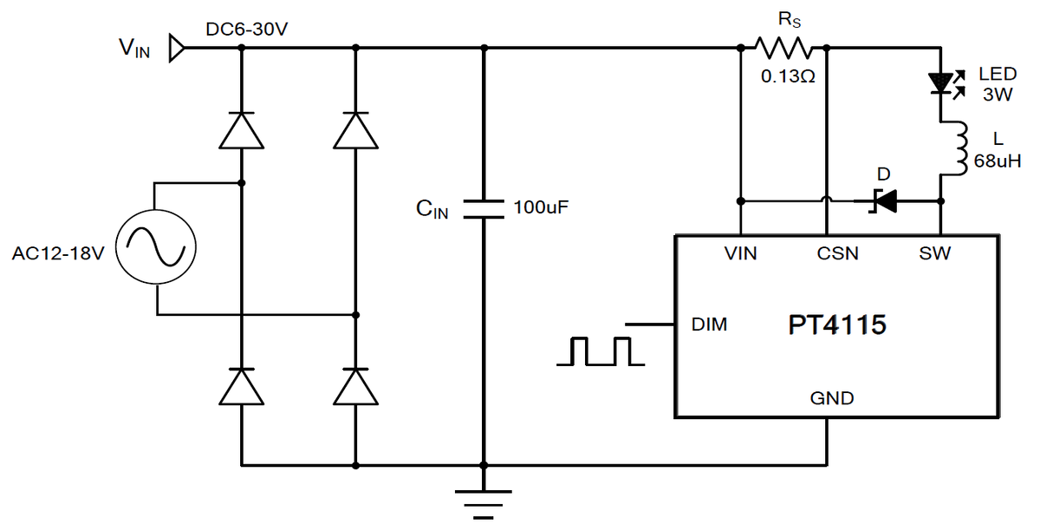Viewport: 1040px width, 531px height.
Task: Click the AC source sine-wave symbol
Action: [x=156, y=246]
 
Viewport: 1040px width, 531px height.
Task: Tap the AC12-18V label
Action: [x=58, y=253]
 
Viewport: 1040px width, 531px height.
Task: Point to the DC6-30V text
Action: [x=246, y=29]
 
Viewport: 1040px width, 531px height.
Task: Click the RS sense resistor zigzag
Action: [x=783, y=48]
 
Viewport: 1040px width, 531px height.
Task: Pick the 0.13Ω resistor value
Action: [x=789, y=76]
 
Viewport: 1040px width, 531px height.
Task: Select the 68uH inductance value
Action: [x=998, y=161]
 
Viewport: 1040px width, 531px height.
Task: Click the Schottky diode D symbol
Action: [x=882, y=201]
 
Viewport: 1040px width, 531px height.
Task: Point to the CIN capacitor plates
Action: [x=484, y=209]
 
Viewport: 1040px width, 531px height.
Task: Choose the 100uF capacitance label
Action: [x=541, y=207]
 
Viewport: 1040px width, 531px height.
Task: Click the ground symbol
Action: [x=484, y=504]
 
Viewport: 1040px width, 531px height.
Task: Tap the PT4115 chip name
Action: [x=837, y=324]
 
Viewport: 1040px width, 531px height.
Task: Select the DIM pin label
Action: [x=709, y=324]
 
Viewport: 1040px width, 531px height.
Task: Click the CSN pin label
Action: [x=837, y=253]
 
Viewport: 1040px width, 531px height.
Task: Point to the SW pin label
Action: [x=934, y=253]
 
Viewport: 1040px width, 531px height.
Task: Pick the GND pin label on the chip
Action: [x=832, y=398]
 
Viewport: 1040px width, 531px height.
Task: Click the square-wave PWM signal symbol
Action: [x=601, y=351]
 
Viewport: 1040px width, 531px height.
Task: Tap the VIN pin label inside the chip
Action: [x=740, y=253]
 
